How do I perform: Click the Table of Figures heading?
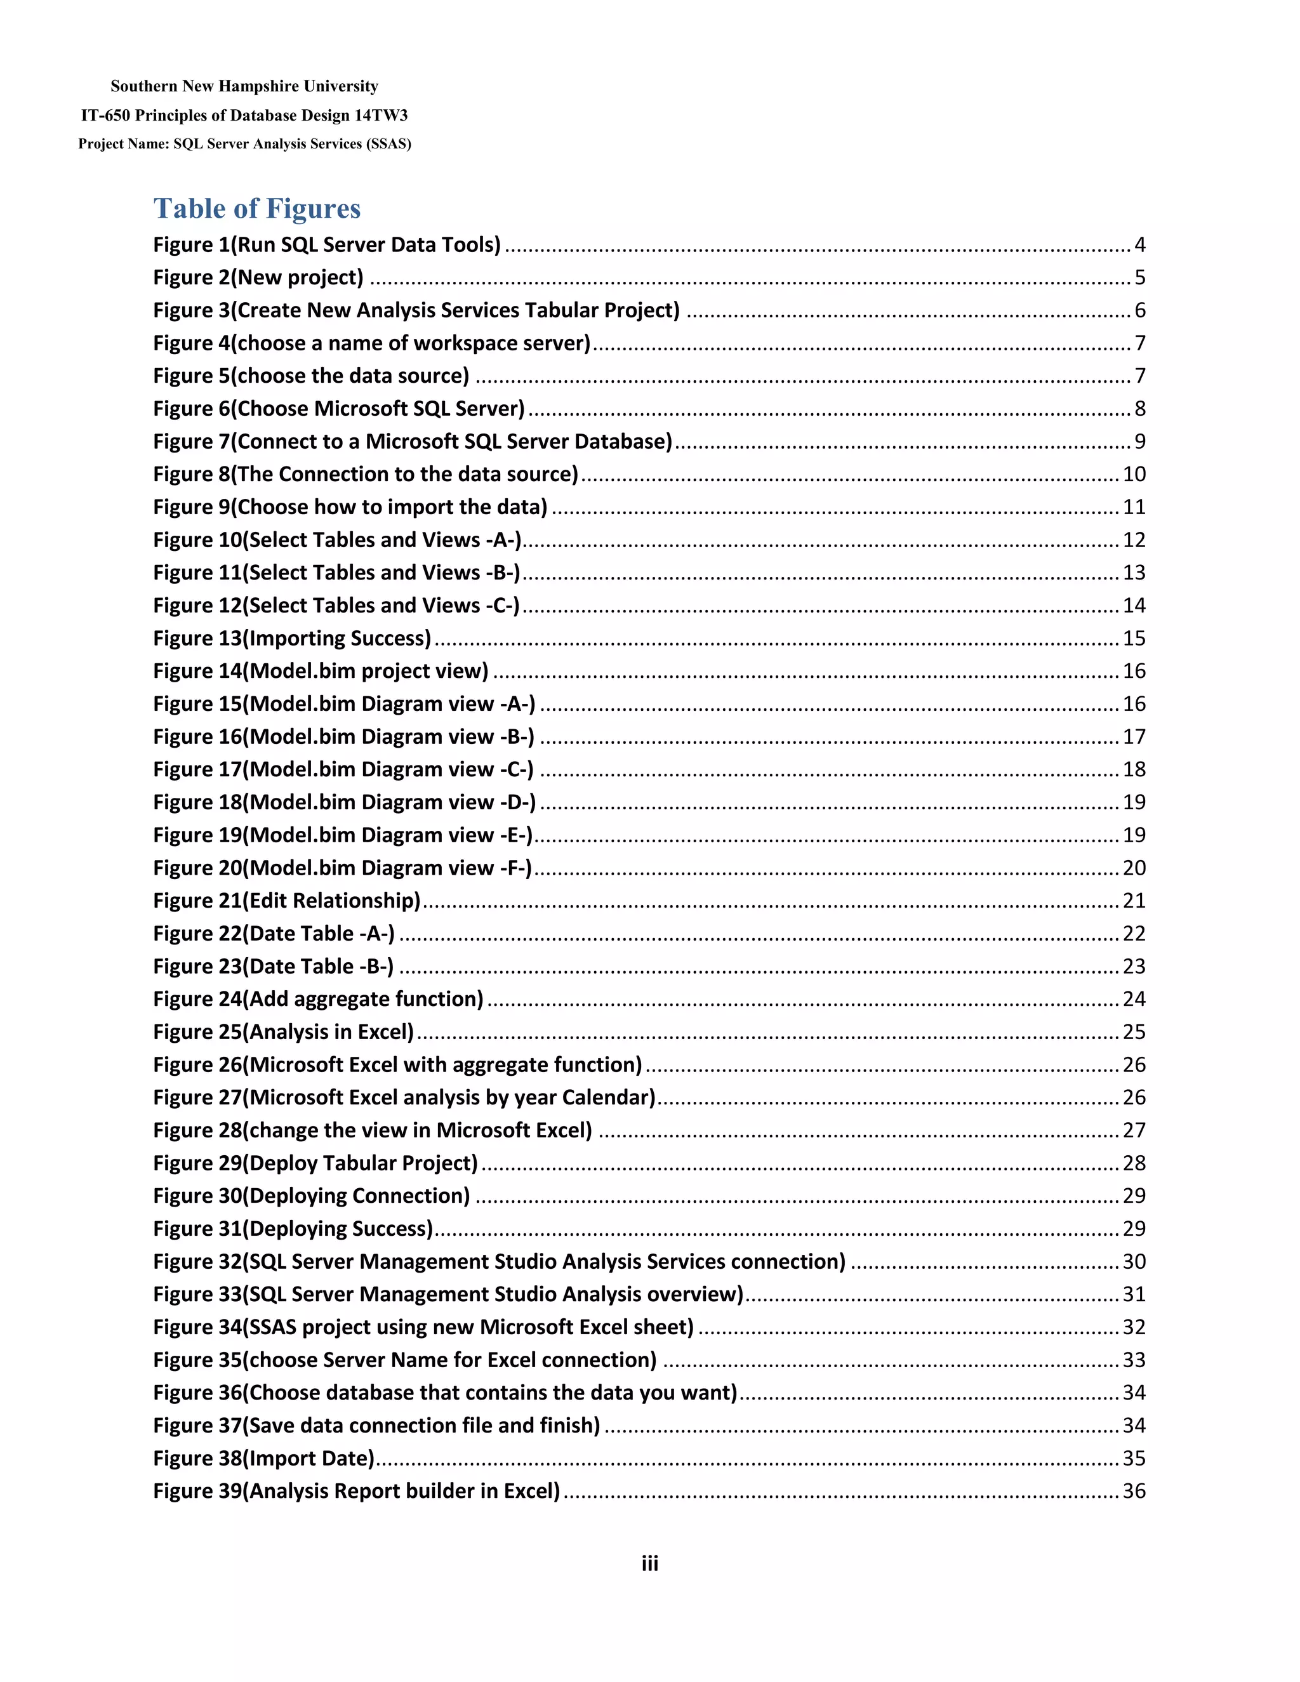[256, 209]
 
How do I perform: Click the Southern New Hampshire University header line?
[244, 86]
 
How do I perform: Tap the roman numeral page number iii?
[649, 1563]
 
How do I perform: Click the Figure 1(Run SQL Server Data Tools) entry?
[326, 245]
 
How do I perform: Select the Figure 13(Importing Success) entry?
[292, 639]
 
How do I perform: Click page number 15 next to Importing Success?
[1134, 639]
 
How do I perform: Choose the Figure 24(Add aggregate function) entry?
[318, 999]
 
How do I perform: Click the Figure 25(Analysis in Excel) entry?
[283, 1032]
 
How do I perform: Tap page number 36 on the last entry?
[1134, 1491]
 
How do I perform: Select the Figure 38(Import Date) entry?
[263, 1458]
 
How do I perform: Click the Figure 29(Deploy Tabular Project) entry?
[315, 1163]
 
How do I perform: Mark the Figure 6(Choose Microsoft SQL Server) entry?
[339, 409]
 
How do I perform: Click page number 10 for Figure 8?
[1134, 474]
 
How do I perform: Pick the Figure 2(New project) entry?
[258, 277]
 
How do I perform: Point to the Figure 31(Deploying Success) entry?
[293, 1228]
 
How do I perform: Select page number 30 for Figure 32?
[1134, 1262]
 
